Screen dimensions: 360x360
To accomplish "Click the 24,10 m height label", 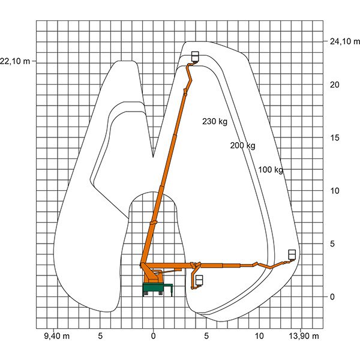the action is [x=345, y=41].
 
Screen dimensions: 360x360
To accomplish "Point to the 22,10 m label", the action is [x=15, y=61].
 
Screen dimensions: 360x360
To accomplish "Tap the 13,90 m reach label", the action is [x=304, y=336].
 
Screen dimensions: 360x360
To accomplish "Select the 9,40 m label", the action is [x=57, y=336].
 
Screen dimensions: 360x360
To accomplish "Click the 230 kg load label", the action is [x=215, y=121].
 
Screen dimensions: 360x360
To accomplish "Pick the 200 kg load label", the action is [x=242, y=145].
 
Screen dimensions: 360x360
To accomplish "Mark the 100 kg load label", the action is [x=271, y=170].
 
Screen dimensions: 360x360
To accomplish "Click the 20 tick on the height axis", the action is [x=335, y=85].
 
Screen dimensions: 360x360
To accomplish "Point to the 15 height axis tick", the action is [x=335, y=138].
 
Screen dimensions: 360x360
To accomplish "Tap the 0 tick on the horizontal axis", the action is [x=154, y=336].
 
